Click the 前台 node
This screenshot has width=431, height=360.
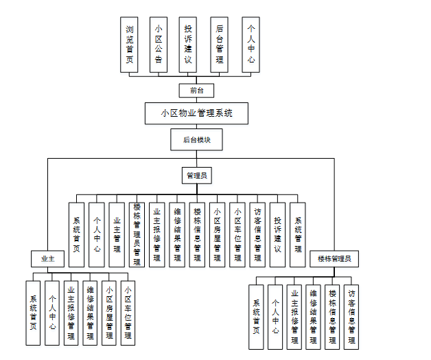point(196,91)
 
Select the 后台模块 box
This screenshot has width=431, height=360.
point(196,140)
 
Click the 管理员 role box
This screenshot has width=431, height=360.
point(196,176)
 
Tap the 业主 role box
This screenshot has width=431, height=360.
point(47,259)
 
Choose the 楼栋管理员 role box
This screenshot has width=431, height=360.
point(334,259)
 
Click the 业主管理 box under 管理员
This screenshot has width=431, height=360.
point(117,235)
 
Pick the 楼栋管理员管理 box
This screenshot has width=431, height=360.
point(137,234)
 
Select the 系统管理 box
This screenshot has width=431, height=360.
point(297,235)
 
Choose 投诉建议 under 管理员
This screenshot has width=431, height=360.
point(277,235)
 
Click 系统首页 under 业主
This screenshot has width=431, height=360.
point(33,313)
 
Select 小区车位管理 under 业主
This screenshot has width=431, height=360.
point(128,313)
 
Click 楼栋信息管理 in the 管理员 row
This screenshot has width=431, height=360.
point(197,235)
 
